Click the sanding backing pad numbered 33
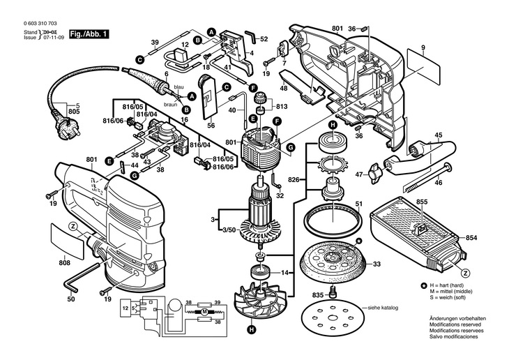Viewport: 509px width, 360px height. tap(331, 264)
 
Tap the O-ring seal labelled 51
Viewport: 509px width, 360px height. tap(332, 222)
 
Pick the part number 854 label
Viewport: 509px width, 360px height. tap(471, 237)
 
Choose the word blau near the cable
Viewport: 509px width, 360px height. tap(178, 86)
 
